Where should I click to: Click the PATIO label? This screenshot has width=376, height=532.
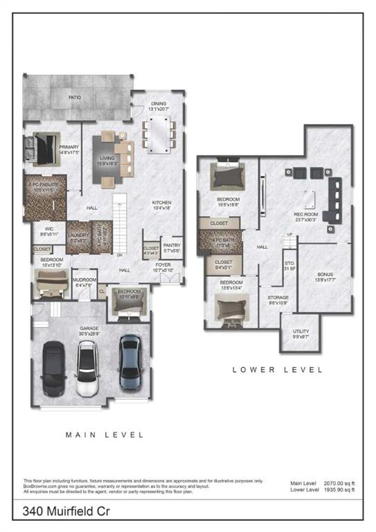click(x=74, y=98)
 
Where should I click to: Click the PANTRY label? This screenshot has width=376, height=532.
click(x=171, y=246)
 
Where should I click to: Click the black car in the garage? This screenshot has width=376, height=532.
click(x=53, y=366)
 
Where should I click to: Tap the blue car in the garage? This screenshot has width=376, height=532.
click(x=129, y=362)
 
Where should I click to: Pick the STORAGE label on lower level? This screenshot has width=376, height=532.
click(x=278, y=298)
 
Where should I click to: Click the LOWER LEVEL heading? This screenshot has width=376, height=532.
click(x=277, y=370)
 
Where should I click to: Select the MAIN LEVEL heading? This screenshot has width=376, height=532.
click(x=105, y=435)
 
